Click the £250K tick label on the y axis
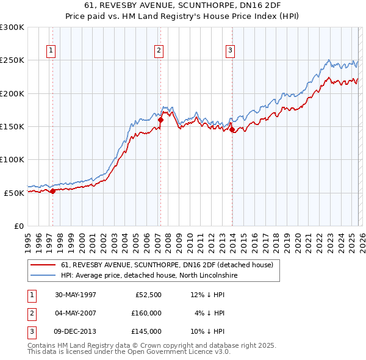tap(12, 60)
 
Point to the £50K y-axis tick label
tap(14, 193)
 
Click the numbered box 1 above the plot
tap(50, 51)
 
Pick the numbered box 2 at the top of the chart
tap(158, 51)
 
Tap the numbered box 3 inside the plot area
tap(231, 51)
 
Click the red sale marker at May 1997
tap(53, 191)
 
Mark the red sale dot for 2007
tap(160, 120)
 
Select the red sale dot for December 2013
tap(232, 130)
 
